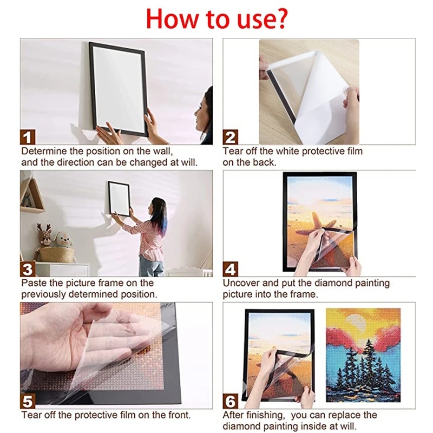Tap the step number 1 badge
28,137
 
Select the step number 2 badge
230,137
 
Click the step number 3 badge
28,269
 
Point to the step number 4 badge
230,269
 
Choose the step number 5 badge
28,401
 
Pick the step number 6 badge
230,401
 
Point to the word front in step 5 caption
179,415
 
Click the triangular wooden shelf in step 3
32,195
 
